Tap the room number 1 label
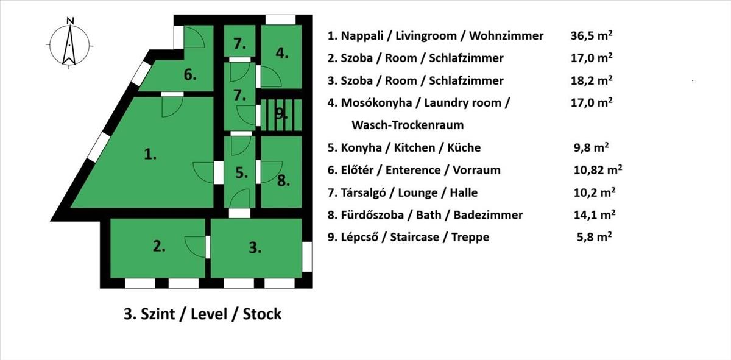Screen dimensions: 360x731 click(x=150, y=155)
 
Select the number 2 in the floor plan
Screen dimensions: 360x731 click(x=159, y=246)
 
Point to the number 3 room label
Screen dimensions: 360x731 click(x=255, y=247)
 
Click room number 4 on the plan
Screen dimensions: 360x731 click(x=281, y=53)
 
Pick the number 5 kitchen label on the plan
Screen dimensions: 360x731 click(x=242, y=173)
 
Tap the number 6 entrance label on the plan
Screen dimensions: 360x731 click(x=190, y=75)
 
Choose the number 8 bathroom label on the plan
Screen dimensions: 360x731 click(x=282, y=180)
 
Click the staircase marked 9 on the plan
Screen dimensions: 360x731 click(x=280, y=113)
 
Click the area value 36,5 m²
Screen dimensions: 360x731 click(x=591, y=35)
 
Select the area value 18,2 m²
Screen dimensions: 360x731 click(x=591, y=80)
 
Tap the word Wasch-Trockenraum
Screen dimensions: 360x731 click(x=408, y=125)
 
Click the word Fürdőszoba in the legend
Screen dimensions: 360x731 click(x=376, y=215)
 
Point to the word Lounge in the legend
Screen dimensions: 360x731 click(x=418, y=192)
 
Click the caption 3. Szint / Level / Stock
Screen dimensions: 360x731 click(x=203, y=314)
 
